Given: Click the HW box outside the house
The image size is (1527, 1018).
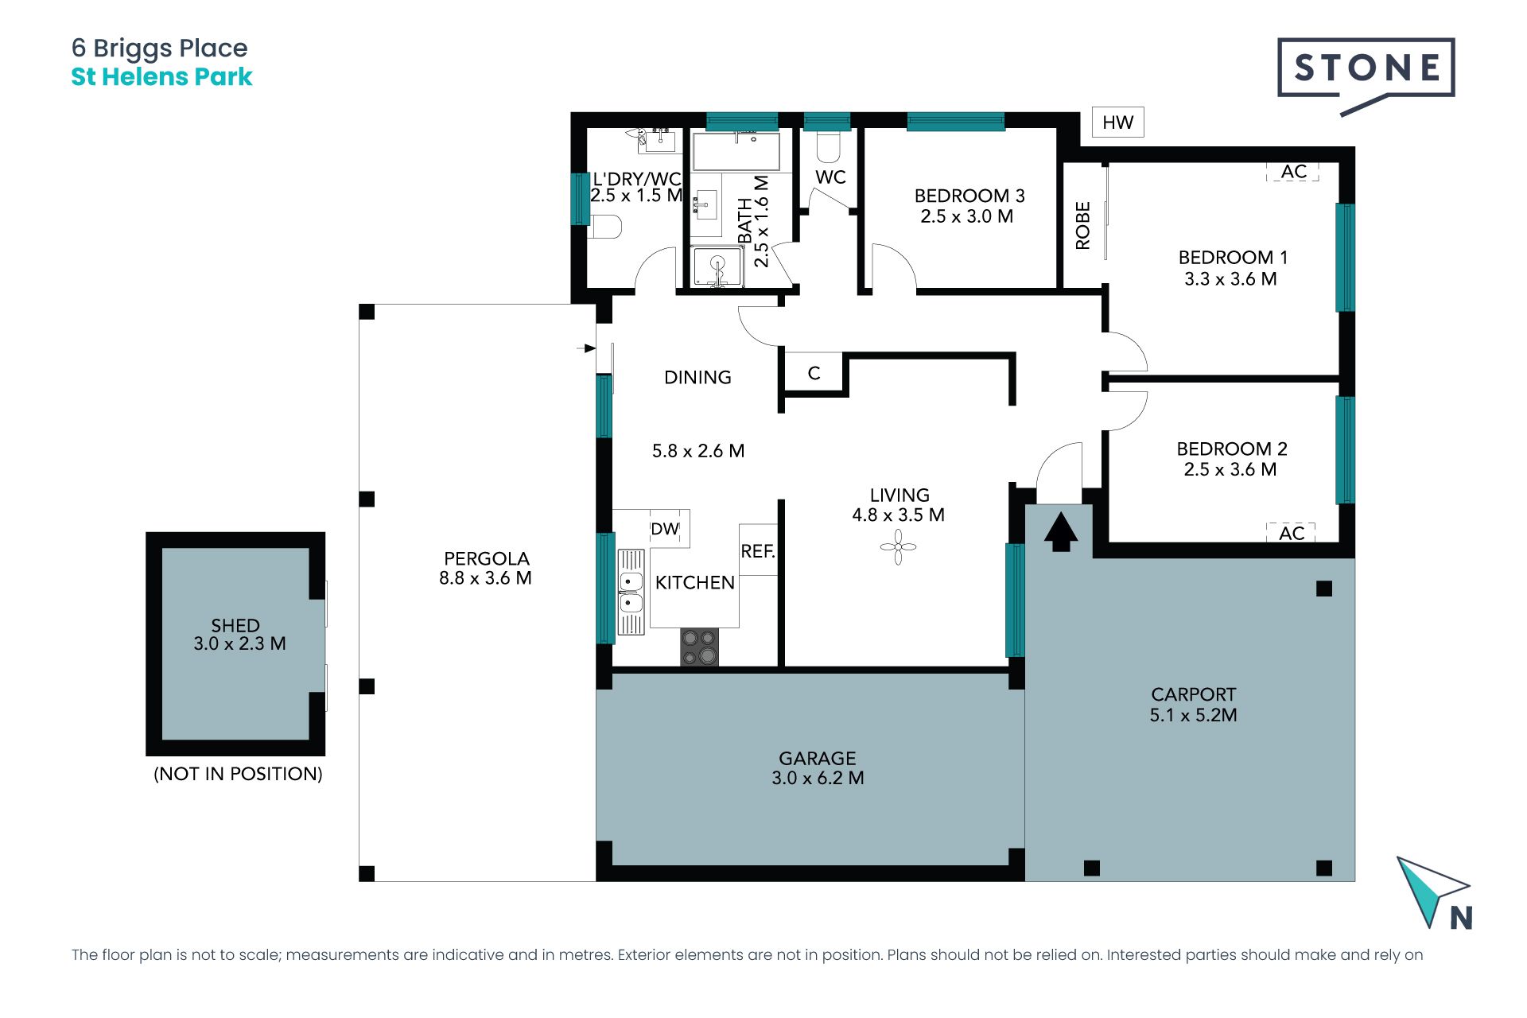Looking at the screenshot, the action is (x=1117, y=122).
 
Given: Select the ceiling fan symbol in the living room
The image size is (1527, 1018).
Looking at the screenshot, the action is (x=898, y=547).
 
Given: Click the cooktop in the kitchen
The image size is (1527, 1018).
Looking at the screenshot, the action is (x=699, y=647).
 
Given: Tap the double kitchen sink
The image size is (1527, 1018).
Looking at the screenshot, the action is (x=631, y=592).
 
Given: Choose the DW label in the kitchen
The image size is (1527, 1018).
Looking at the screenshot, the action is (x=665, y=529).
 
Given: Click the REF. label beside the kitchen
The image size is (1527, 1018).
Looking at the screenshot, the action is (x=758, y=551).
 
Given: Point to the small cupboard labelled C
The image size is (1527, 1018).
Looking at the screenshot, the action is (x=814, y=373).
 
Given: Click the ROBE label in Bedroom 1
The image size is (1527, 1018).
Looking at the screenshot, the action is (x=1082, y=226).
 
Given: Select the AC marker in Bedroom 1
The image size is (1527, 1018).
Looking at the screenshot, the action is (x=1293, y=172).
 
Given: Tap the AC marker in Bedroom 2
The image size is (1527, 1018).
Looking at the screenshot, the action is (x=1291, y=533).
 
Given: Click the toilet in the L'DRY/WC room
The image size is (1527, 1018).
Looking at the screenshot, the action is (x=605, y=227).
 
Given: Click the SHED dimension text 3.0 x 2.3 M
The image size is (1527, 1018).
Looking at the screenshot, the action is (x=239, y=643).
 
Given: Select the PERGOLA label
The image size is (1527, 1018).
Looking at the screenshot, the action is (x=486, y=558).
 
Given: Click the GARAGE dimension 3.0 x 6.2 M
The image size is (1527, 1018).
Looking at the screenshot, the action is (x=818, y=778).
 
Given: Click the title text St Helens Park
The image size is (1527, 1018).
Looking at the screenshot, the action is (x=161, y=76).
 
